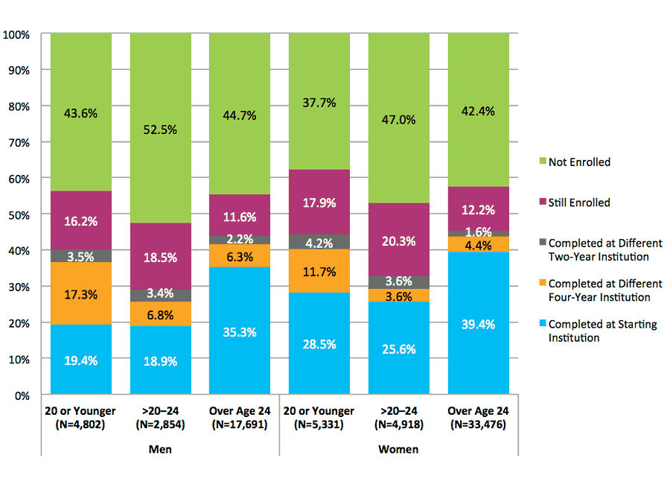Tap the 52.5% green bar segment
point(160,129)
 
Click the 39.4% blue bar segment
point(478,323)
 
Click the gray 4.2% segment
point(319,242)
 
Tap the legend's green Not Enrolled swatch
point(542,162)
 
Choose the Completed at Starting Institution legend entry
point(602,331)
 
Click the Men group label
point(160,449)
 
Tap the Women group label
point(398,449)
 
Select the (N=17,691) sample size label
point(240,425)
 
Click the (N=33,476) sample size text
point(478,425)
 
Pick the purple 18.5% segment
point(160,257)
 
